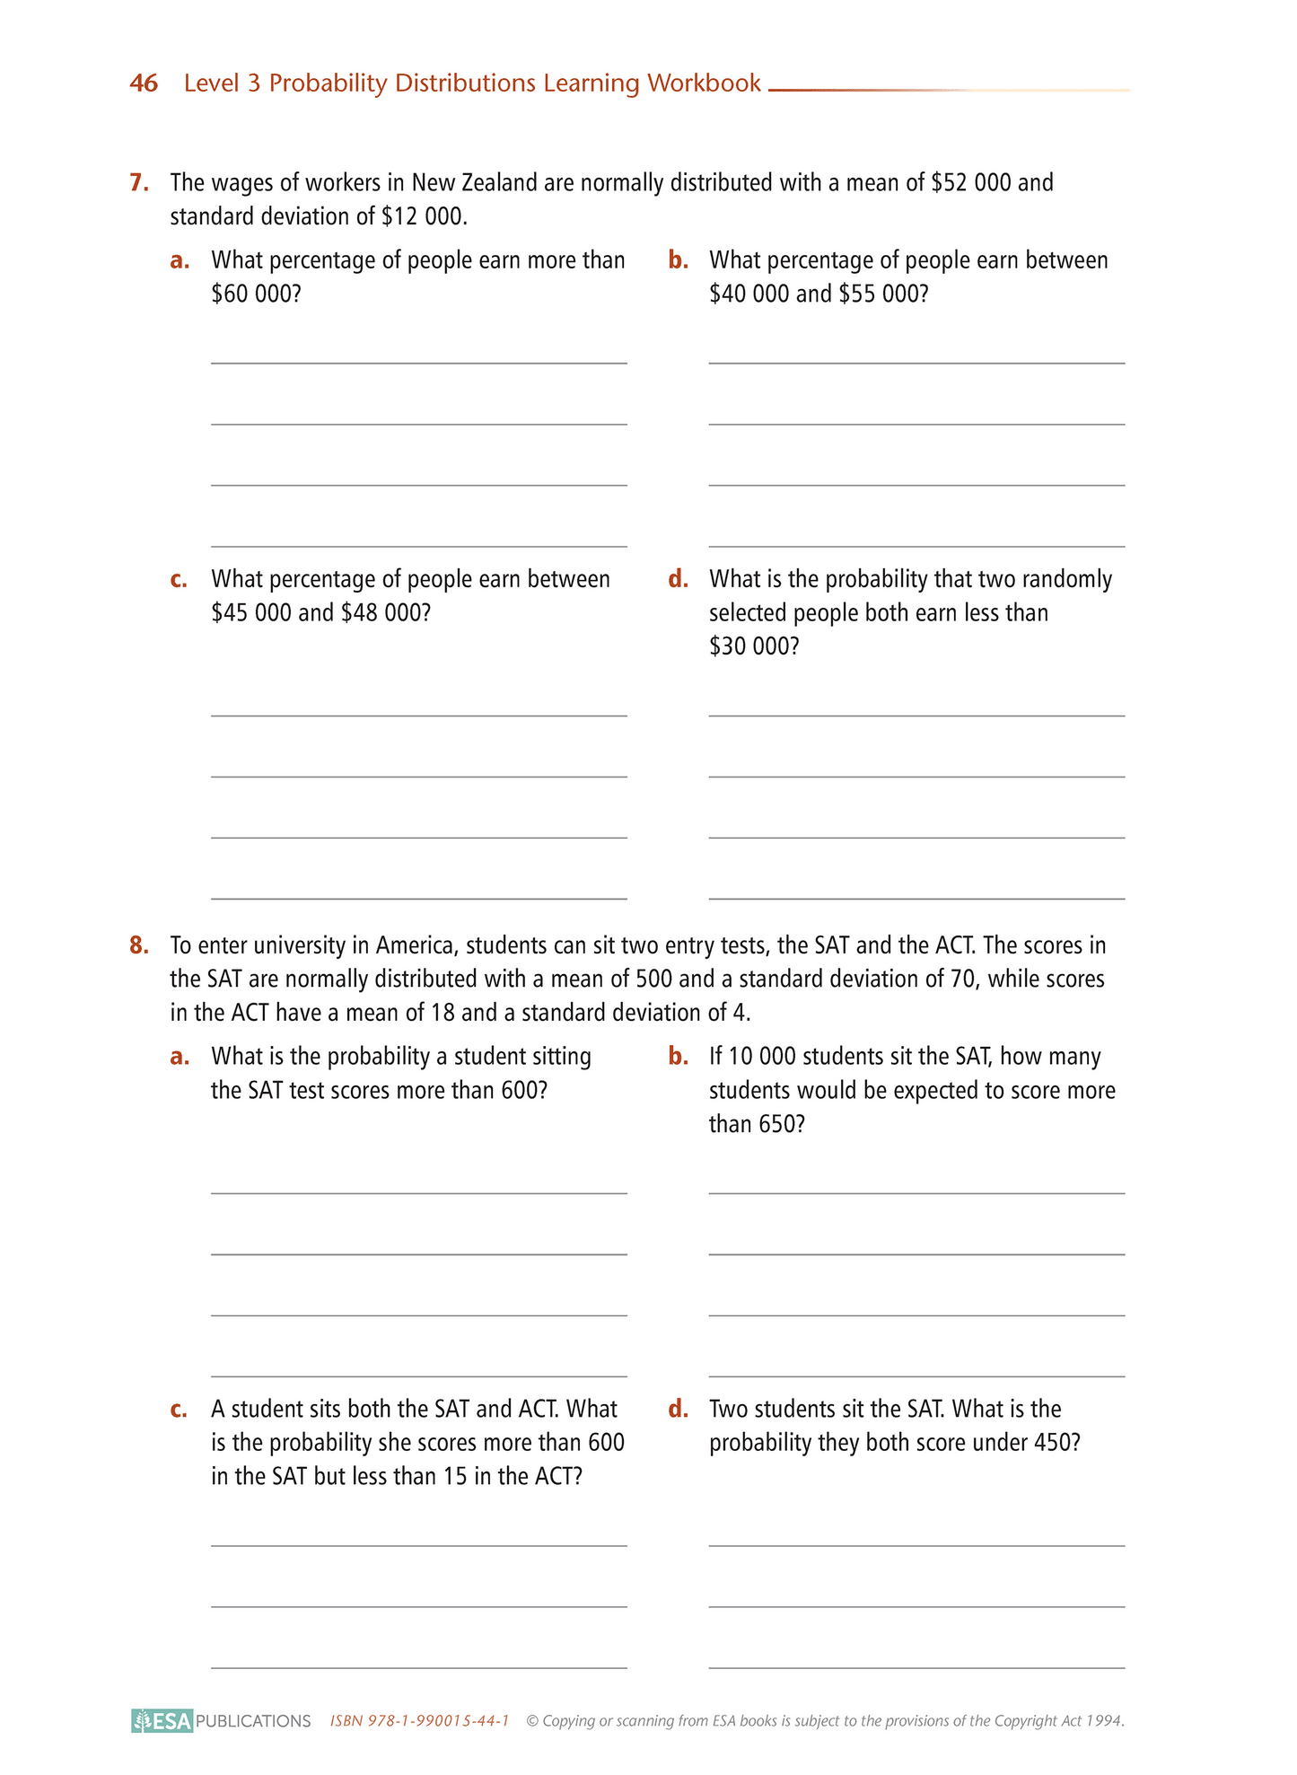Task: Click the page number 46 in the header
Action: [x=144, y=83]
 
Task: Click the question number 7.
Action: [x=138, y=182]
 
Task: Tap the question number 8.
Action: [x=138, y=945]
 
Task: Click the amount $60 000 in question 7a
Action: [x=255, y=294]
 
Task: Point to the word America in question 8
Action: [x=416, y=945]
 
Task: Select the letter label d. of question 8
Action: [x=679, y=1409]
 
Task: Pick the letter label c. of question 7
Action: [x=180, y=579]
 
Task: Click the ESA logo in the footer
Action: [x=162, y=1721]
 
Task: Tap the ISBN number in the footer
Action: [x=420, y=1721]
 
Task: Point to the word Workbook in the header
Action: [x=704, y=83]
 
